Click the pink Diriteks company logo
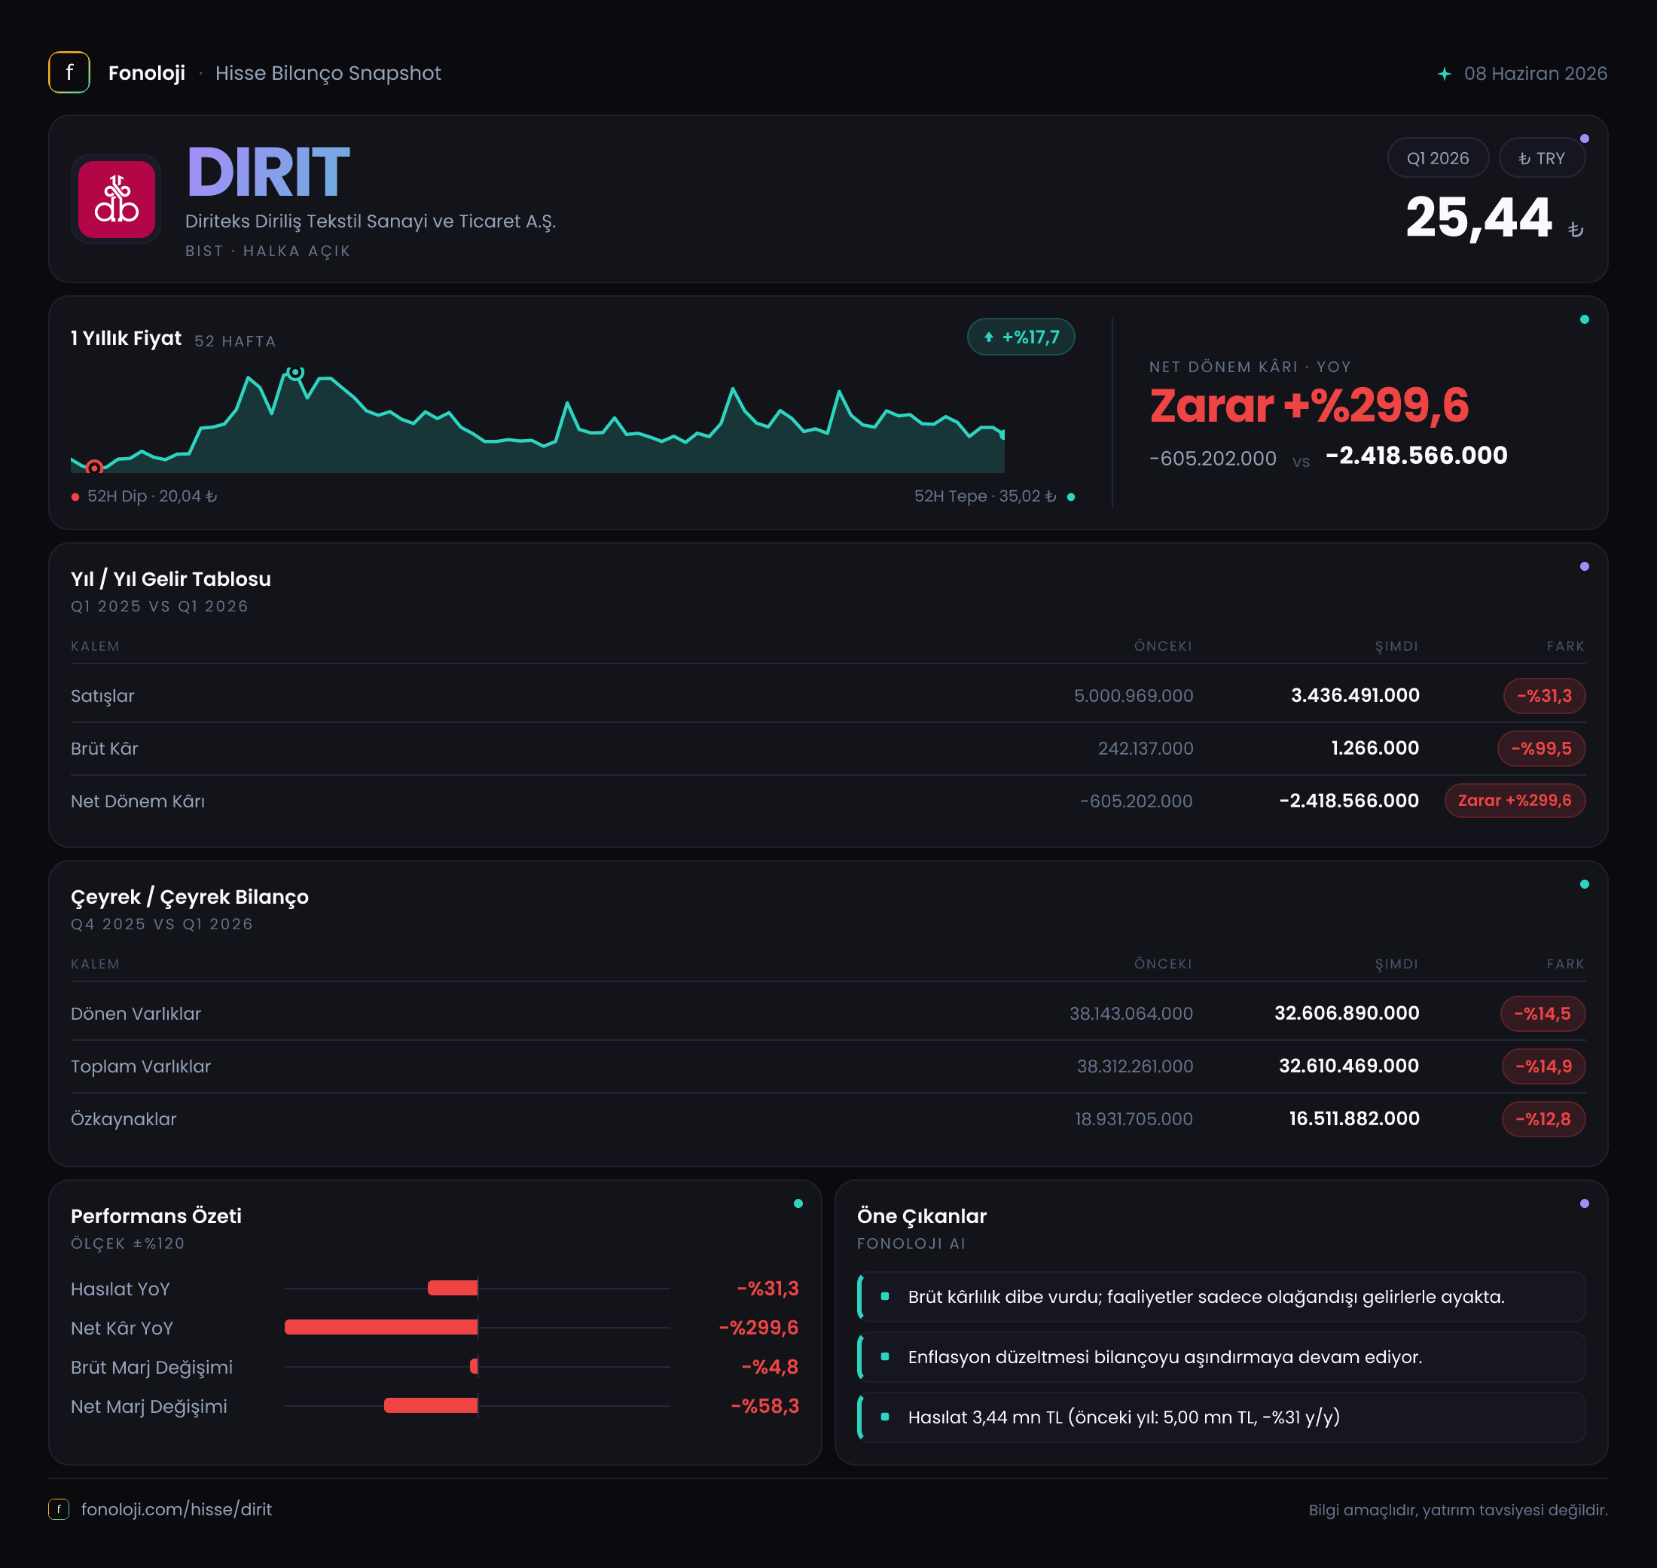point(116,200)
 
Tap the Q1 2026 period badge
point(1437,158)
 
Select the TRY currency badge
point(1541,158)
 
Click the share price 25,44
point(1478,218)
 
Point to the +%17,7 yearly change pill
point(1021,337)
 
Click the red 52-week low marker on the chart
point(94,467)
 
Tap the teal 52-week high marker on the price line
point(295,372)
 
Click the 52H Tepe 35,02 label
point(985,496)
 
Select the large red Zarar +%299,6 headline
point(1308,405)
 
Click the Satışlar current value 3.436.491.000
point(1354,695)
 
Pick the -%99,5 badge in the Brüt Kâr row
point(1541,748)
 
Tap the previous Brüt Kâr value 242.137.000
point(1146,748)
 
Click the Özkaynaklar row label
point(124,1118)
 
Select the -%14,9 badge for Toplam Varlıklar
point(1543,1066)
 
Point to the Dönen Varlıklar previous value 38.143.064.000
point(1131,1013)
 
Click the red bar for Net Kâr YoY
point(381,1327)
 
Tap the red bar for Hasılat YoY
point(453,1288)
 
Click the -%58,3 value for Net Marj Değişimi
point(765,1406)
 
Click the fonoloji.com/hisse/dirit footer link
point(176,1509)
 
